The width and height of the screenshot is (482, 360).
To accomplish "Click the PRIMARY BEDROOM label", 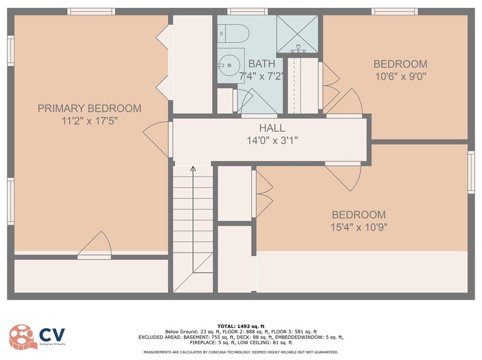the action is [89, 108].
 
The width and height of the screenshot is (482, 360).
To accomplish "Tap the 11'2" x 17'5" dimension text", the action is [89, 121].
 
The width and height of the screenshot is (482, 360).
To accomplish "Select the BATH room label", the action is [261, 64].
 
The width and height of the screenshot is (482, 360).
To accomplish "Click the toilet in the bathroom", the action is [234, 33].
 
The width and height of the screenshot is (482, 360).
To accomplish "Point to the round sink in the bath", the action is [229, 65].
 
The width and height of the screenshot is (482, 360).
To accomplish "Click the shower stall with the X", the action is [297, 34].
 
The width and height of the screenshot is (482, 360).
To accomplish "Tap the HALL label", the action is [272, 128].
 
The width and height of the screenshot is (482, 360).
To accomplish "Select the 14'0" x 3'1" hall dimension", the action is [272, 141].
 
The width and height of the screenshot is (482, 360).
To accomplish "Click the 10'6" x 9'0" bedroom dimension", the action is [401, 76].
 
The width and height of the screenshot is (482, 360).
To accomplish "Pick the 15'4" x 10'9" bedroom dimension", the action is [359, 227].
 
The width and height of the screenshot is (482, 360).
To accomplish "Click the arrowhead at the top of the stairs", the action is [193, 168].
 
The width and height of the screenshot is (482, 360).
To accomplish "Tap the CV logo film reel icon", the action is [21, 337].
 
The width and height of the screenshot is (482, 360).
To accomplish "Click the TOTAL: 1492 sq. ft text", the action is [241, 326].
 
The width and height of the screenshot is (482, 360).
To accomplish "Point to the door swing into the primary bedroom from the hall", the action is [155, 139].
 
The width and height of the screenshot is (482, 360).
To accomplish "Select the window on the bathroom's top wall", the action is [247, 12].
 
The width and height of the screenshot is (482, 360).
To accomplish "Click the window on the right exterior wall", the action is [471, 172].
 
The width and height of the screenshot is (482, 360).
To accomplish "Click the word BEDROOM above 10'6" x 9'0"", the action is [401, 64].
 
